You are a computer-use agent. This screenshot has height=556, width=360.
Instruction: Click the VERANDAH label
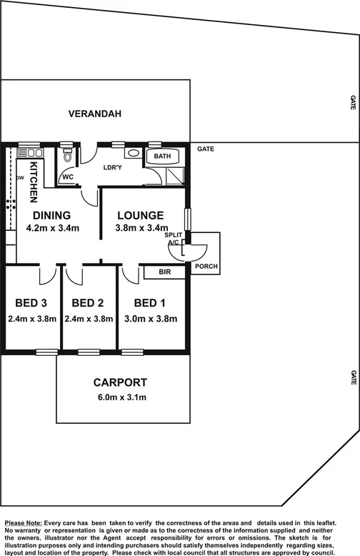pos(95,114)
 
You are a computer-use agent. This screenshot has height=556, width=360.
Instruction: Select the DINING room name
pos(50,215)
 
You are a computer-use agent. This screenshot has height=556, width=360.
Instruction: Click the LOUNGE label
pos(141,215)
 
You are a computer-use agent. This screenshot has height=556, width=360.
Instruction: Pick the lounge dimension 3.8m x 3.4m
pos(141,229)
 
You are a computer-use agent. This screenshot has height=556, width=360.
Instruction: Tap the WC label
pos(69,177)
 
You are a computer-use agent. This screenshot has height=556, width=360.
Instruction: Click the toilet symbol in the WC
pos(68,157)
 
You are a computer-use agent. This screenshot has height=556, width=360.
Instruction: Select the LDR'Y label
pos(113,169)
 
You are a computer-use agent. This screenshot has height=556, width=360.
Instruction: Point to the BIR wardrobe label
pos(163,272)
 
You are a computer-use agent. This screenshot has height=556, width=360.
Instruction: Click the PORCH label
pos(207,267)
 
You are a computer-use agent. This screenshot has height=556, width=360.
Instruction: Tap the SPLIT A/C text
pos(173,239)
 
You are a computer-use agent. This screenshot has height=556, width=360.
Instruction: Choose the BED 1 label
pos(150,302)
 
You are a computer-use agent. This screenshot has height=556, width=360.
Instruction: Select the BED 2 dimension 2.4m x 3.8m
pos(89,319)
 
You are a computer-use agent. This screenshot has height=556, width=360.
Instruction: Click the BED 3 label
pos(31,302)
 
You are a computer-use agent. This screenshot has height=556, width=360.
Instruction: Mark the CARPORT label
pos(120,382)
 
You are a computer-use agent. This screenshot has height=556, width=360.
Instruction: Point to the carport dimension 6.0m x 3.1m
pos(120,397)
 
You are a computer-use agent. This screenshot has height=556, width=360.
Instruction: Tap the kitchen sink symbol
pos(31,152)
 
